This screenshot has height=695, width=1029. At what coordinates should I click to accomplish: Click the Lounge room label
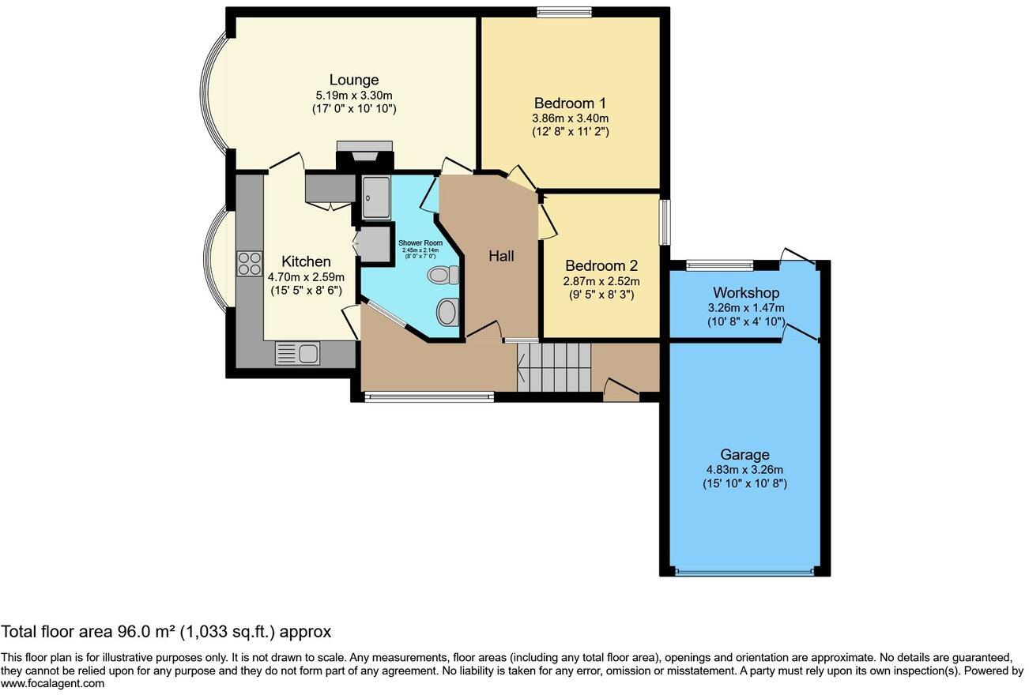coord(354,80)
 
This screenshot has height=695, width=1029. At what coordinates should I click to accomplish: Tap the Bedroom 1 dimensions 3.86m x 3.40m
coord(570,118)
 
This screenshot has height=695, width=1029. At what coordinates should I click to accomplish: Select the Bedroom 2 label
coord(601,266)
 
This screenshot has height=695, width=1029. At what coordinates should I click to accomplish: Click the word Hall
coord(501,256)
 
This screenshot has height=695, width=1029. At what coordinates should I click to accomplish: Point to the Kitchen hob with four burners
coord(250,262)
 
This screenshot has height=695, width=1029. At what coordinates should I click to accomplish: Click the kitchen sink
coord(297,353)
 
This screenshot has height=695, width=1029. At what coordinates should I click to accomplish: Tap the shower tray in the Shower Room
coord(375,197)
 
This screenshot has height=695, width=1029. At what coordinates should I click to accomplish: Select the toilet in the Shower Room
coord(442,276)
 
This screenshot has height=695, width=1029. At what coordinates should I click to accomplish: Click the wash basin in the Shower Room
coord(447,311)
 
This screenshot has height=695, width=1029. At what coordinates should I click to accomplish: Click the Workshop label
coord(746,293)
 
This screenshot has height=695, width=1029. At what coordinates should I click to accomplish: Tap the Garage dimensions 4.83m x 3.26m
coord(744,469)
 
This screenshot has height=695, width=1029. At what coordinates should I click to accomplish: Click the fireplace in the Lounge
coord(364,152)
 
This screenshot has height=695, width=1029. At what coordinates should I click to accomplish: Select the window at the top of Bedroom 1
coord(564,11)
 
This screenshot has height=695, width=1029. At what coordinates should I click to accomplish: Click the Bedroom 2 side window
coord(665,223)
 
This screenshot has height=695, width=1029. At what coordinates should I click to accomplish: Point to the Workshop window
coord(719,265)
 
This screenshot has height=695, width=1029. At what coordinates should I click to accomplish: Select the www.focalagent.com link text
coord(52,684)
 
